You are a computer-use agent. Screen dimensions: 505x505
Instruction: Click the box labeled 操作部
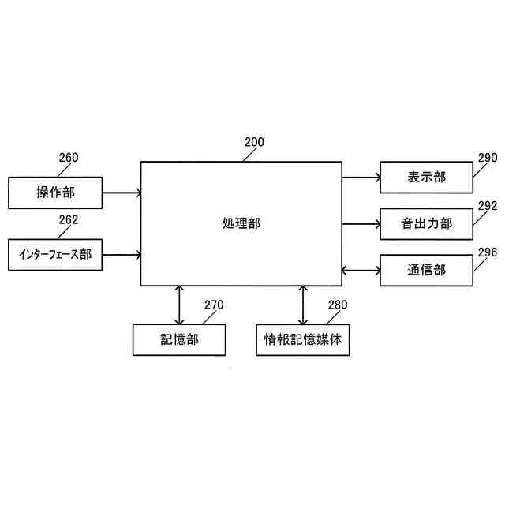(54, 192)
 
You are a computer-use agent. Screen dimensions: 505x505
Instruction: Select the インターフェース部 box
(54, 254)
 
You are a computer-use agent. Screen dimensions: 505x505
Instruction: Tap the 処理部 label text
(241, 223)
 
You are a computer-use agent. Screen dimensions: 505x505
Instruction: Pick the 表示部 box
(426, 177)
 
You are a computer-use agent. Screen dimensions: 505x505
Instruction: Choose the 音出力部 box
(426, 223)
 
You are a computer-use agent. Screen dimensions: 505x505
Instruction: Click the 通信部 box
(426, 270)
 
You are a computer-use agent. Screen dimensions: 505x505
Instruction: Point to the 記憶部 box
(180, 340)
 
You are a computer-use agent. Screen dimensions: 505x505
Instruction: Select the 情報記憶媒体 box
(303, 340)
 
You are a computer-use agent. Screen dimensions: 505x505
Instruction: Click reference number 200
(254, 143)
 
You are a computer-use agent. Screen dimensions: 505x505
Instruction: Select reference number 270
(215, 305)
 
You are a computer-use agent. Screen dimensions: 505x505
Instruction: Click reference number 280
(337, 305)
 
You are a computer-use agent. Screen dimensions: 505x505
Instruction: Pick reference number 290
(488, 158)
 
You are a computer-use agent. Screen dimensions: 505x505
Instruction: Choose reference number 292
(488, 205)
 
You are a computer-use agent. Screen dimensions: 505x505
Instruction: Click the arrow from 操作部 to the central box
(122, 192)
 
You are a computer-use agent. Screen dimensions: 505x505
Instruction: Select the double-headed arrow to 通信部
(361, 270)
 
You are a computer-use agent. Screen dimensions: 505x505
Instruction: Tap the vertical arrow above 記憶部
(181, 305)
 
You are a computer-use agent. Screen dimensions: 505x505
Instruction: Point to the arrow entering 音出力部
(361, 223)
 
